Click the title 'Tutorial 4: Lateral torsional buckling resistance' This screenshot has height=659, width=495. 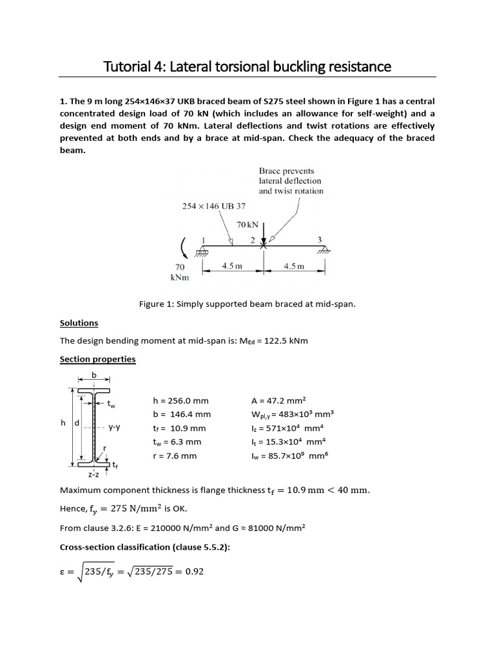pos(247,66)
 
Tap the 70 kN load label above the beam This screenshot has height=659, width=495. pos(247,225)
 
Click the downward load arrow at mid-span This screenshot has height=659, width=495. pos(263,233)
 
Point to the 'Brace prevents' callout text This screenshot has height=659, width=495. pos(286,171)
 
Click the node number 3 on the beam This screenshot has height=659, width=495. pos(318,239)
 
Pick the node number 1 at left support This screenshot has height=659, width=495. pos(203,239)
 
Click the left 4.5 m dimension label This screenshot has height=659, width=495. pos(232,266)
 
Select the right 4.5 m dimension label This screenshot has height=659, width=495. pos(294,266)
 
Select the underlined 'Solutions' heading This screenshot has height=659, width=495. pos(79,323)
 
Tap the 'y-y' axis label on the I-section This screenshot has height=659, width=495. pos(115,427)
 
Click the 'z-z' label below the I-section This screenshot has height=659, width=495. pos(94,475)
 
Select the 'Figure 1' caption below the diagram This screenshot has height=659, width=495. pos(247,304)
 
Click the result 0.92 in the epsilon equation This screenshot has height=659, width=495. pos(194,570)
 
